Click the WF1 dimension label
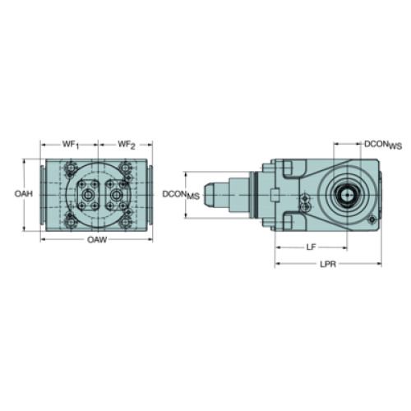coord(71,145)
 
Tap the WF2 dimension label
coord(127,145)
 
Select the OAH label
coord(24,194)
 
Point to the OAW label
coord(97,240)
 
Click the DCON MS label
coord(181,195)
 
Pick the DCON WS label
coord(383,145)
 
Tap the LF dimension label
coord(311,247)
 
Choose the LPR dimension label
coord(328,264)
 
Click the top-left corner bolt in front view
coord(71,167)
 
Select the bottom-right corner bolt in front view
coord(125,222)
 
